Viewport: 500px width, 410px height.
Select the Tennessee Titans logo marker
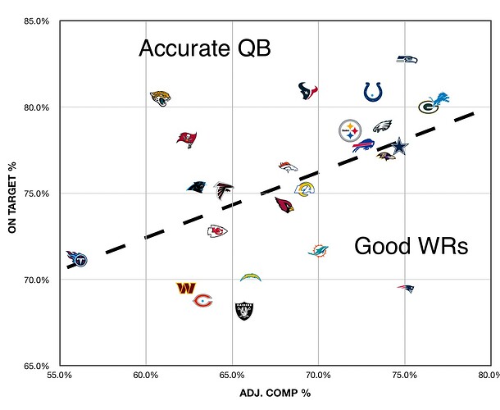[x=76, y=259]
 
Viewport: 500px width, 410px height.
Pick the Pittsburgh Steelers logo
[x=350, y=130]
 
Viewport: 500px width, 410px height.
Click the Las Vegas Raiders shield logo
[x=244, y=311]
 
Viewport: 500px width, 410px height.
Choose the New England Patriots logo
[x=406, y=289]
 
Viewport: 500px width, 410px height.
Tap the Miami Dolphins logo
[x=318, y=250]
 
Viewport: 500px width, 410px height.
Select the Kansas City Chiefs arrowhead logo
[x=217, y=230]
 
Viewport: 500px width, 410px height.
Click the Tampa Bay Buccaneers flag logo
[x=187, y=138]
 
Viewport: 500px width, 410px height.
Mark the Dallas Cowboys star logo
[x=399, y=146]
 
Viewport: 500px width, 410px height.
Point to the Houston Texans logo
[x=307, y=90]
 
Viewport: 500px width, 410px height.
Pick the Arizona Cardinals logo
[x=284, y=204]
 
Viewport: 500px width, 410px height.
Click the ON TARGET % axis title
[x=12, y=194]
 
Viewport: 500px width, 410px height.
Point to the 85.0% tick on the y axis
[x=38, y=20]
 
